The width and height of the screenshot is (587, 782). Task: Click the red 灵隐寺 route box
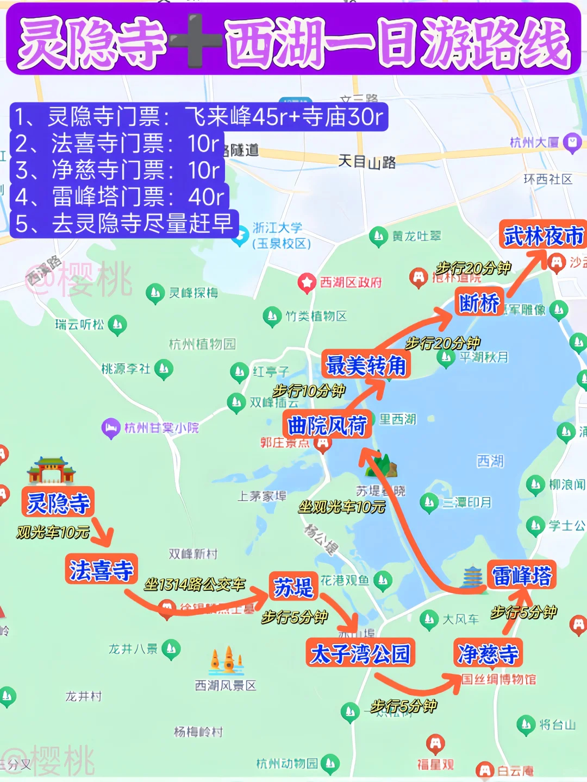coord(58,502)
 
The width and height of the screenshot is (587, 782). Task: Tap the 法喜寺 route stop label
coord(101,570)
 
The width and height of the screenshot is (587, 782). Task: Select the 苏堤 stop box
coord(293,587)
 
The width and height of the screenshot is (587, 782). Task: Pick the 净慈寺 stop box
coord(488,653)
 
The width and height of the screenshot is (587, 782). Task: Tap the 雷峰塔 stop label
coord(521,575)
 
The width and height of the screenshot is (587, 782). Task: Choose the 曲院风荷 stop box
coord(327,425)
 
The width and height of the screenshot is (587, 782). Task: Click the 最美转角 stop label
coord(366,365)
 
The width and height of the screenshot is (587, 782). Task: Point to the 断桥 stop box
coord(479,302)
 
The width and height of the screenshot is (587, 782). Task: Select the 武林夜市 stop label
coord(543,236)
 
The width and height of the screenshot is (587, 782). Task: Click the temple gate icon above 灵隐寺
coord(52,470)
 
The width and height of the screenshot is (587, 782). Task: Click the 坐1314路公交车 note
coord(195,584)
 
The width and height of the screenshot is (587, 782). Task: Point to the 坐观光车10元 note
coord(342,507)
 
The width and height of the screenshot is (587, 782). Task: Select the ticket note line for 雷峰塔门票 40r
coord(120,197)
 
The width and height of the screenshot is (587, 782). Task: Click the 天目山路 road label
coord(367,161)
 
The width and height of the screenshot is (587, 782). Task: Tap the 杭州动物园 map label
coord(287,764)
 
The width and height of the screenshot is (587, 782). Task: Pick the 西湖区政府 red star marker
coord(307,282)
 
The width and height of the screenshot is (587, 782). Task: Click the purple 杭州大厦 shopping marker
coord(572,143)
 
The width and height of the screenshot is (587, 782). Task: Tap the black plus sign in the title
coord(195,41)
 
